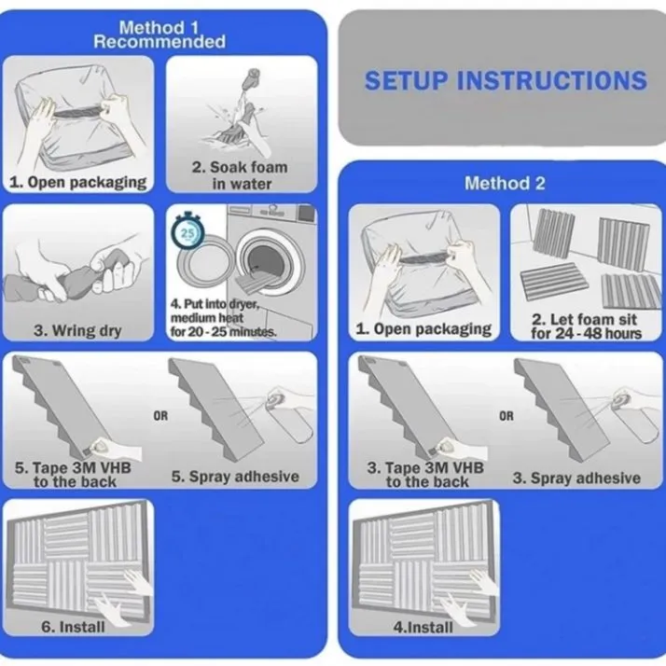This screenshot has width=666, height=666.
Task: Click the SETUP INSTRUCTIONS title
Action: pos(505,80)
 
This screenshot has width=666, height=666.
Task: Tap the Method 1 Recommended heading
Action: pos(160,35)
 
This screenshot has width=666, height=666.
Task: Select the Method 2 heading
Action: pos(505,183)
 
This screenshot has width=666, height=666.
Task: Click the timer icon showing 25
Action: pos(188,231)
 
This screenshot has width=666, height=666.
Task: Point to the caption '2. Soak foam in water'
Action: pos(240,175)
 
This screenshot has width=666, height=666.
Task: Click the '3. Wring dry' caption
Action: pos(78,330)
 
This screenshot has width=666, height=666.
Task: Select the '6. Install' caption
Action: pos(78,627)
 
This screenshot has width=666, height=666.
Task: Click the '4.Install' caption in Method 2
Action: pos(424,627)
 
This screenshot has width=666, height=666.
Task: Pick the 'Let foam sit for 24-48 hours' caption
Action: pos(586,326)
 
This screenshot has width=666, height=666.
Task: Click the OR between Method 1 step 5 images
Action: pos(161,416)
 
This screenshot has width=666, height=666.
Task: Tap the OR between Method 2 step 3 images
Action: pos(506,416)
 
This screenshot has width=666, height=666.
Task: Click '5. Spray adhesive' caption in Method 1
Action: pos(235,477)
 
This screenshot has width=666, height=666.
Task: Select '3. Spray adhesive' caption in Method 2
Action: pos(576,478)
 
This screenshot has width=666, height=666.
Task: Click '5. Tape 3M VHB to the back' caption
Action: pos(74,474)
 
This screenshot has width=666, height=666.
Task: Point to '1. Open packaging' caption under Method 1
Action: pos(78,182)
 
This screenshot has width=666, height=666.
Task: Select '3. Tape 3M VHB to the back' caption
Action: pos(425,474)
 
